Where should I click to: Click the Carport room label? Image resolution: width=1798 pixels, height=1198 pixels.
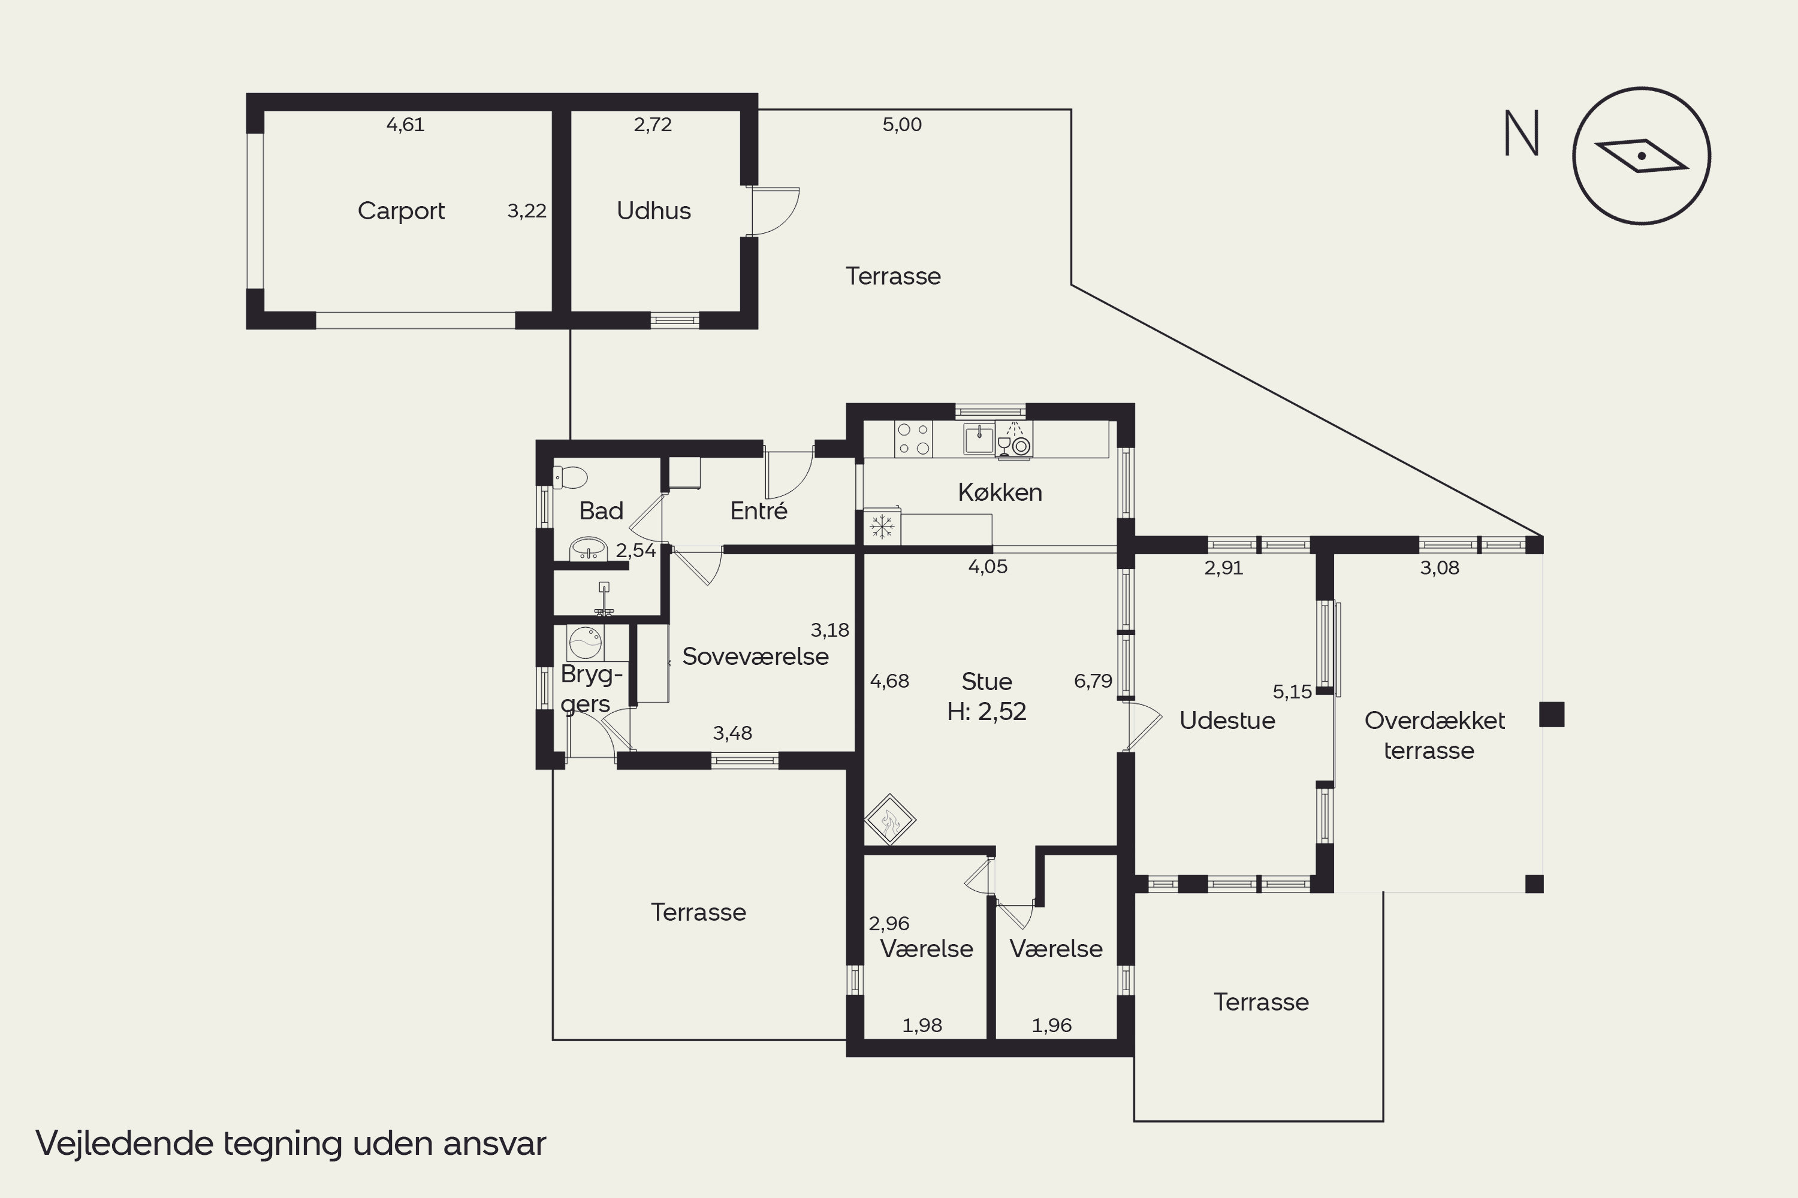tap(402, 211)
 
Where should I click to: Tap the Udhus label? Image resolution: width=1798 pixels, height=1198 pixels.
tap(654, 211)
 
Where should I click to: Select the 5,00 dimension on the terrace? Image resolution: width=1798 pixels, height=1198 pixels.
tap(902, 125)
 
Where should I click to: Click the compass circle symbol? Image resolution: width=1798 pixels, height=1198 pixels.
tap(1642, 156)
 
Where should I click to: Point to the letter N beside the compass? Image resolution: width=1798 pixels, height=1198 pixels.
tap(1521, 134)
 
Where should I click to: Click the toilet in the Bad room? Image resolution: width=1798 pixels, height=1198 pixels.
tap(569, 477)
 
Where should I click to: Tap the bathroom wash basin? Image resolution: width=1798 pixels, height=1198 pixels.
tap(588, 549)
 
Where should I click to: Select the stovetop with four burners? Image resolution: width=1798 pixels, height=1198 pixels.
tap(913, 439)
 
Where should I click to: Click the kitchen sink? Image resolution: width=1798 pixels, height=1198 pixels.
tap(979, 439)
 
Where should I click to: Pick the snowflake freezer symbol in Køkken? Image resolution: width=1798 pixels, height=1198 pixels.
tap(882, 527)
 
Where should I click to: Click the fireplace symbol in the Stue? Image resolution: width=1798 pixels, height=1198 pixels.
tap(890, 820)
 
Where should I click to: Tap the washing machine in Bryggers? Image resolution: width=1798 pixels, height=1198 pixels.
tap(586, 643)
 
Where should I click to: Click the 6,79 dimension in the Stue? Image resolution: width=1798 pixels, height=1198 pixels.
tap(1093, 680)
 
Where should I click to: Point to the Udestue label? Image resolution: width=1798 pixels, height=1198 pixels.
tap(1227, 721)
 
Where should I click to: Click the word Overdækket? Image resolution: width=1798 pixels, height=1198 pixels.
tap(1435, 721)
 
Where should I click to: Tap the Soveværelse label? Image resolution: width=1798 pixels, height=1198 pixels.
tap(755, 657)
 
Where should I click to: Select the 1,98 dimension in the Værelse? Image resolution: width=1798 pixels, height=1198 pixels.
tap(922, 1025)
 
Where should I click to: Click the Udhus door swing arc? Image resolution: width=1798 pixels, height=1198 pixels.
tap(788, 222)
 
